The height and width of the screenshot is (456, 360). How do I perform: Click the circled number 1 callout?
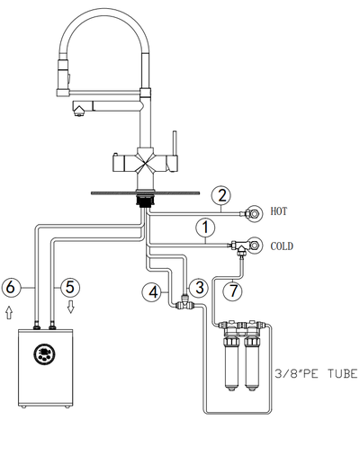coord(205,228)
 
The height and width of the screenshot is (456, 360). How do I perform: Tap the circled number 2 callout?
coord(221,196)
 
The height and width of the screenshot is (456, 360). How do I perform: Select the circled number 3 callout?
coord(200,288)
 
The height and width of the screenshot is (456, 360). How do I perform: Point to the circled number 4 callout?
coord(153,291)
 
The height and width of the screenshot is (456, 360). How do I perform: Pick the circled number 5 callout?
coord(70,287)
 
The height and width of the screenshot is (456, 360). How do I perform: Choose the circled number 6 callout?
coord(11,287)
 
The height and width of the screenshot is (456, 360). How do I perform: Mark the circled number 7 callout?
coord(233,291)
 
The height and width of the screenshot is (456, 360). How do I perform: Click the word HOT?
coord(279,211)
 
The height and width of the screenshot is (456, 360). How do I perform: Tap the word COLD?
coord(282,246)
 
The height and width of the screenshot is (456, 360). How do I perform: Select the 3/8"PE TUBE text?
coord(316,374)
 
